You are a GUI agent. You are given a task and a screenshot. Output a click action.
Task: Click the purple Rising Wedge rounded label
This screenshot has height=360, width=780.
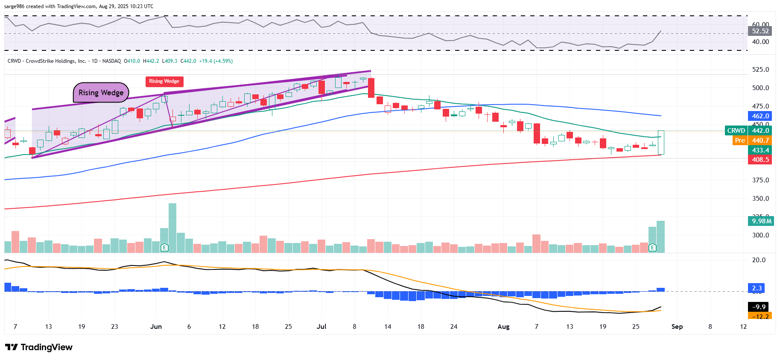click(101, 93)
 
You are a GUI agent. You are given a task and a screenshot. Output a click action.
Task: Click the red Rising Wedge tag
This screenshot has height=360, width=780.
click(164, 81)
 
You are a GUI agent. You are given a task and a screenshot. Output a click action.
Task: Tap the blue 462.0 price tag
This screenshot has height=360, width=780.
click(760, 116)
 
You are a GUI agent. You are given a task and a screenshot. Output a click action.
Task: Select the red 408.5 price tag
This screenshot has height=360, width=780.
click(760, 160)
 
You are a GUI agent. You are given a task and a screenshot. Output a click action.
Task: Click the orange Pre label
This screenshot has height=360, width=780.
click(740, 140)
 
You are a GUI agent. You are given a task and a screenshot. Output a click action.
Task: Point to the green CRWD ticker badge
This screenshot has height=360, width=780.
click(736, 131)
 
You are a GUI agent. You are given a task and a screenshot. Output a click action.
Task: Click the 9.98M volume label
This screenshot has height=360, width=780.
click(762, 221)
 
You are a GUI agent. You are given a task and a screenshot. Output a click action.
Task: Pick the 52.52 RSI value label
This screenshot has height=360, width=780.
click(760, 31)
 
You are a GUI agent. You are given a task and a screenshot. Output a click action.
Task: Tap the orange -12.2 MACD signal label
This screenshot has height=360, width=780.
click(760, 316)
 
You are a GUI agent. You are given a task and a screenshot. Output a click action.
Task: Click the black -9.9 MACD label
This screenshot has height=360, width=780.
click(760, 307)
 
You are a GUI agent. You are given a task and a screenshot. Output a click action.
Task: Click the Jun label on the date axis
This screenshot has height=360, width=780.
click(156, 327)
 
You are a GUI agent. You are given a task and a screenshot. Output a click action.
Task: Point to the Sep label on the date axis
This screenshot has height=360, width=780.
click(677, 327)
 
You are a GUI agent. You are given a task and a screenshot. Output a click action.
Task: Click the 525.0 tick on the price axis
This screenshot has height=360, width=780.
click(760, 70)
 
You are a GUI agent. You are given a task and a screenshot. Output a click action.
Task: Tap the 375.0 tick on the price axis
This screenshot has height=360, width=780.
click(760, 180)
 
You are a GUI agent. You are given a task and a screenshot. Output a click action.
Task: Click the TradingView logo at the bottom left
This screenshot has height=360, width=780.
click(39, 347)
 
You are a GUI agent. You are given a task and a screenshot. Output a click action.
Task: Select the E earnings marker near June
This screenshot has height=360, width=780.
click(164, 247)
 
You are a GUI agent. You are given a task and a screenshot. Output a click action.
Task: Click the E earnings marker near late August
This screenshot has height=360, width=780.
click(652, 247)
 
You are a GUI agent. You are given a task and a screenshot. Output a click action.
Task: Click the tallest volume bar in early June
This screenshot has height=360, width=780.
click(172, 228)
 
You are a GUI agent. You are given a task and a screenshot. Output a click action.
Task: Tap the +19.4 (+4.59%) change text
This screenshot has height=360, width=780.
click(216, 61)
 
